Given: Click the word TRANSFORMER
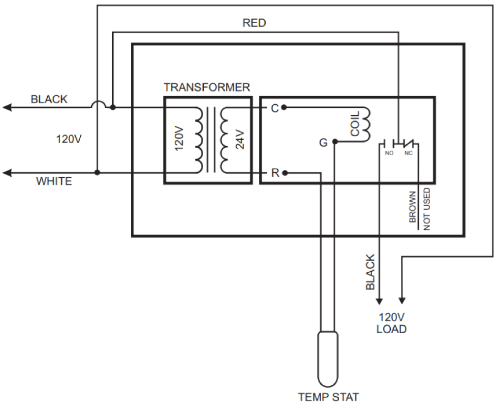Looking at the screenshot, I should pos(207,88).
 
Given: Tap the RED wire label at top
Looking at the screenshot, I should pos(254,23).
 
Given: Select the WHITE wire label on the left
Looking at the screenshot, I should pos(54,182).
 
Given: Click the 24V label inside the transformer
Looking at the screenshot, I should pos(240,139).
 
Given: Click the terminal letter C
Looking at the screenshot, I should pos(275,108).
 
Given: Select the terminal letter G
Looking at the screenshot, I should pos(323,143).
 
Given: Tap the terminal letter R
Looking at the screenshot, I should pos(275,173).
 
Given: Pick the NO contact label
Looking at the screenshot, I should pos(389,153).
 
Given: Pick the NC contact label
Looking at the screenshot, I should pos(408,153).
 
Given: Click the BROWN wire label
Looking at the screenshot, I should pos(412,207).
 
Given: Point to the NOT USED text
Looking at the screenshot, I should pos(426,209).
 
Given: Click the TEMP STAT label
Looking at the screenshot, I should pos(328,397).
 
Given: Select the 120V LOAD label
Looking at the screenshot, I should pos(391,323).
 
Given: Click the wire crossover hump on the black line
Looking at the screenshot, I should pos(98,104).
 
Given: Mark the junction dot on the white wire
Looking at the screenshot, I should pos(98,173).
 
